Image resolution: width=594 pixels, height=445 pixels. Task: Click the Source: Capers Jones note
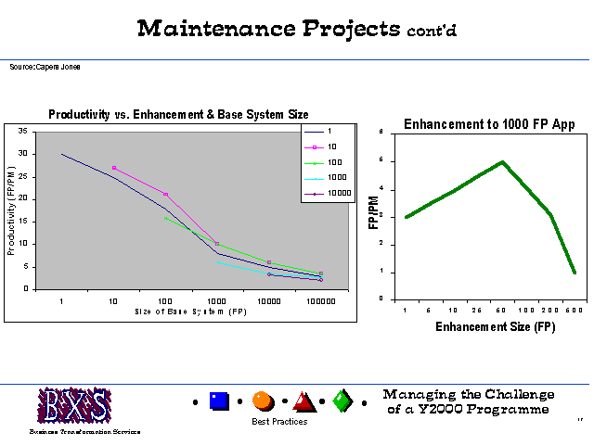45,68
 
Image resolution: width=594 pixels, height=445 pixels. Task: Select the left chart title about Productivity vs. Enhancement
178,115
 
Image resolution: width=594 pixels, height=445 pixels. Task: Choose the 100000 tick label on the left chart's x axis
321,302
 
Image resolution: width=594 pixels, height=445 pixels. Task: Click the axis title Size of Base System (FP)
189,311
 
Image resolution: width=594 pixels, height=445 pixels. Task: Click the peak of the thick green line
502,161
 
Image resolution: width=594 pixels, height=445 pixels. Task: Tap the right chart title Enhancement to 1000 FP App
489,124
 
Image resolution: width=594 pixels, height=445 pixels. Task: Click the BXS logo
74,405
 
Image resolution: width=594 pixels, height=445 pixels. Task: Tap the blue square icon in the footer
219,401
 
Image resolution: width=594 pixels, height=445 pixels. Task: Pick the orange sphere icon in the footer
263,401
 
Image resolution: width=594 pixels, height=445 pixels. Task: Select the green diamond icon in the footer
342,401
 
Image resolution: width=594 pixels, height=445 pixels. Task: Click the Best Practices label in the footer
279,422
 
